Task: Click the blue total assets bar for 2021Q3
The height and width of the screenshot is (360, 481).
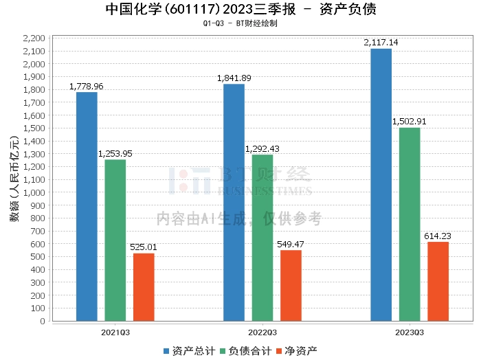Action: (x=87, y=206)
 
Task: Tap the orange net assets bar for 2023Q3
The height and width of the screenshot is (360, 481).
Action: (x=438, y=281)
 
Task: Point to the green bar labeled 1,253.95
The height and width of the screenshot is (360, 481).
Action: (x=115, y=240)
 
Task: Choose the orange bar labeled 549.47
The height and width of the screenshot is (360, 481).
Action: (x=291, y=285)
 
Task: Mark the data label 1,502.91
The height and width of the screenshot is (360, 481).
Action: (x=410, y=122)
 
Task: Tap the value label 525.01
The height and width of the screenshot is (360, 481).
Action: (x=144, y=247)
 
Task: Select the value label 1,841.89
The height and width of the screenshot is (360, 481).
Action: (x=234, y=78)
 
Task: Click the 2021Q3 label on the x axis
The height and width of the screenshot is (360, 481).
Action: (x=115, y=332)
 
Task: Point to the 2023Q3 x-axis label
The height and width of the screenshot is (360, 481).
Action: (x=409, y=332)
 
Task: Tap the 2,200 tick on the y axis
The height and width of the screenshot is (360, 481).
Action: (x=34, y=38)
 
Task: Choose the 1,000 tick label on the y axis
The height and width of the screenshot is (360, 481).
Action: (x=34, y=192)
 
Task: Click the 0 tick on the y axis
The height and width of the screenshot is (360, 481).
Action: (x=42, y=321)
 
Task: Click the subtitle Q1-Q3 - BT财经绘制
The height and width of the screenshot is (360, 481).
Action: (x=240, y=23)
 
